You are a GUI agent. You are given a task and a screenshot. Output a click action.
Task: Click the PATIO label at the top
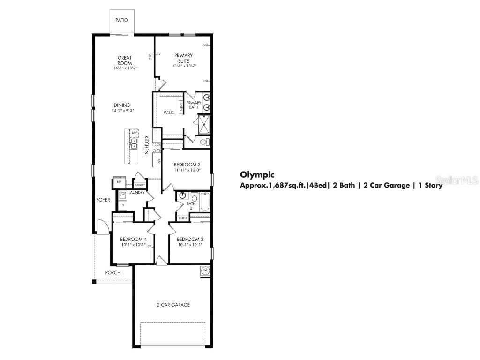click(121, 20)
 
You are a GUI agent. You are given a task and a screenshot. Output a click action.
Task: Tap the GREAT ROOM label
click(124, 60)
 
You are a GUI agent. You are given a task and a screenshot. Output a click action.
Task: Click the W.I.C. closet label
click(169, 113)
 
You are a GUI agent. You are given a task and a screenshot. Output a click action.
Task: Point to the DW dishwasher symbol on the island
click(135, 134)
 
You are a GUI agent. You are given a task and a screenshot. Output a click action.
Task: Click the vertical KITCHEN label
click(146, 145)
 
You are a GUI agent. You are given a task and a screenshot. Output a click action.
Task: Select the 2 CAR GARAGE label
click(173, 305)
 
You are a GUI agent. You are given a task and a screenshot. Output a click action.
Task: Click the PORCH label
click(112, 272)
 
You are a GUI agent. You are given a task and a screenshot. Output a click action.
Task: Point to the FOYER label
click(103, 200)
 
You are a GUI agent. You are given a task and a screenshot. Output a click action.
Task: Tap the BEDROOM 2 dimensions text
click(189, 244)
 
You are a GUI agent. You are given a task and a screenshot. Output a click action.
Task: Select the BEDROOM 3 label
click(187, 165)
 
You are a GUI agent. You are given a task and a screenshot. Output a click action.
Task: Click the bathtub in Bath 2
click(205, 201)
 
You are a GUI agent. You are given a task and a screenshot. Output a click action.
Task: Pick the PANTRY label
click(140, 185)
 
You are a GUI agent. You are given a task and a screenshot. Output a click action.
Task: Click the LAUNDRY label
click(136, 193)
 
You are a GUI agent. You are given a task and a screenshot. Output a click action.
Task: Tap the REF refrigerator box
click(119, 181)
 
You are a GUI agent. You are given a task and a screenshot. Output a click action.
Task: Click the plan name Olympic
click(257, 174)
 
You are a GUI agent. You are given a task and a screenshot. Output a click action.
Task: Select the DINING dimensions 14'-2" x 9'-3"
click(123, 111)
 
